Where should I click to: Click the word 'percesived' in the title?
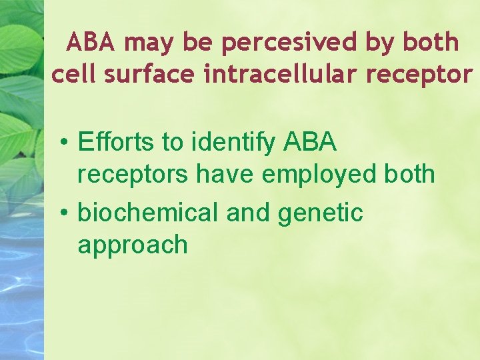click(289, 43)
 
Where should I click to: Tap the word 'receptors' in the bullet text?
click(133, 175)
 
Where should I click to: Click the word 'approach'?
click(133, 246)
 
